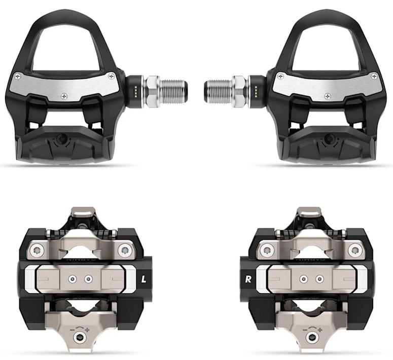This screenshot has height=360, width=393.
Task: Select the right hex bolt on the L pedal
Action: pos(123,249)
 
